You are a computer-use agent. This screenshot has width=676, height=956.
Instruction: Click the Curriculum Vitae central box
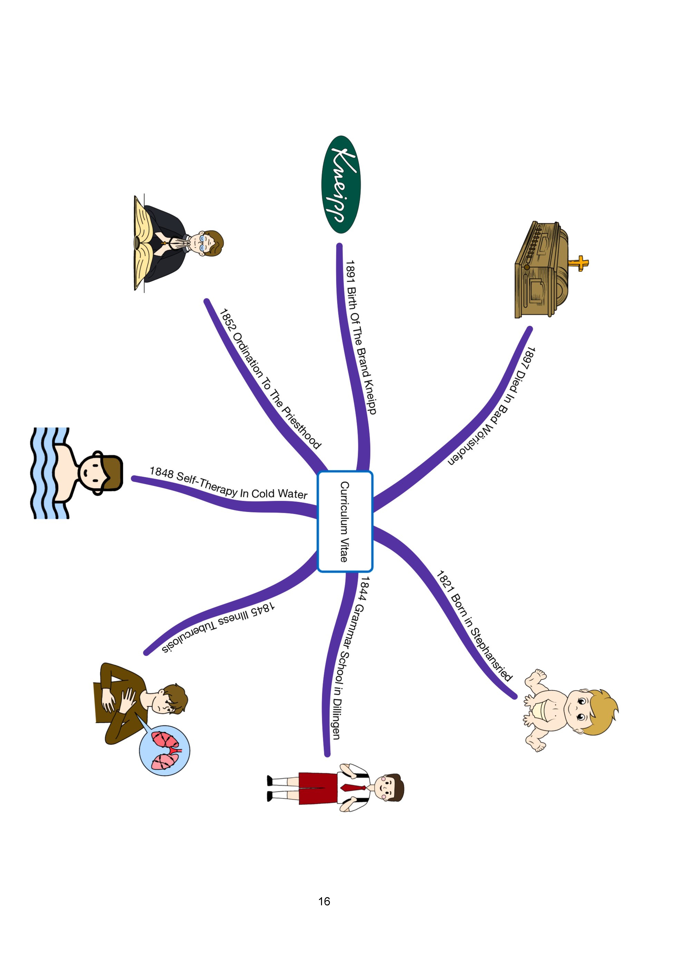coord(345,521)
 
